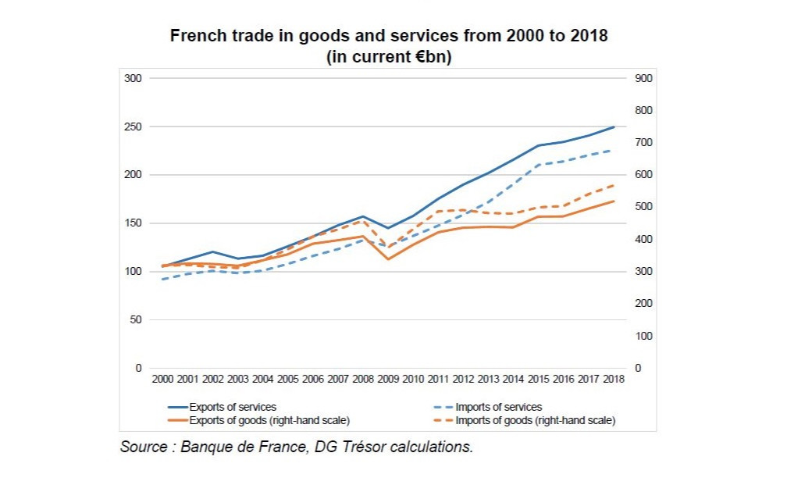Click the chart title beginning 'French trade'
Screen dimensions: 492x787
[388, 36]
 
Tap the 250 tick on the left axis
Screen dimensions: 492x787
[133, 127]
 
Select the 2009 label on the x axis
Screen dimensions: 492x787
[388, 379]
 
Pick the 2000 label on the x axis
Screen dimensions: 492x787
[162, 379]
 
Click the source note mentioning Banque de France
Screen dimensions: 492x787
[297, 447]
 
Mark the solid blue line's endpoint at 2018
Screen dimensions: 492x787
[614, 127]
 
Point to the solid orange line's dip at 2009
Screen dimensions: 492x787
[388, 258]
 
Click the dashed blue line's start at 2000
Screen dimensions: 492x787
[162, 279]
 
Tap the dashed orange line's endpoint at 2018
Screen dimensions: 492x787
[614, 185]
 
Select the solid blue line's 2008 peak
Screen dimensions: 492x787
[363, 216]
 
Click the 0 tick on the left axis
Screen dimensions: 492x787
[138, 368]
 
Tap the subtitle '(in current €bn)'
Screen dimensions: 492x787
[388, 57]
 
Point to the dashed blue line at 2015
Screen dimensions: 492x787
[539, 165]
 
